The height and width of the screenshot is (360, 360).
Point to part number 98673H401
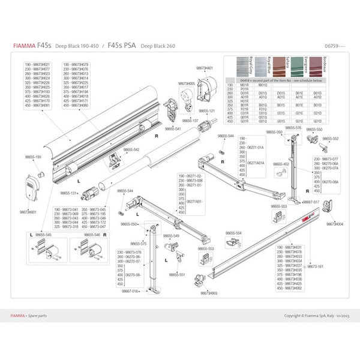[205, 68]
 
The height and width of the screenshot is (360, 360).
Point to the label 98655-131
[68, 193]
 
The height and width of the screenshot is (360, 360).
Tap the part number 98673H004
[335, 224]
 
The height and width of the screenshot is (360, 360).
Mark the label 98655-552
[332, 138]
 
